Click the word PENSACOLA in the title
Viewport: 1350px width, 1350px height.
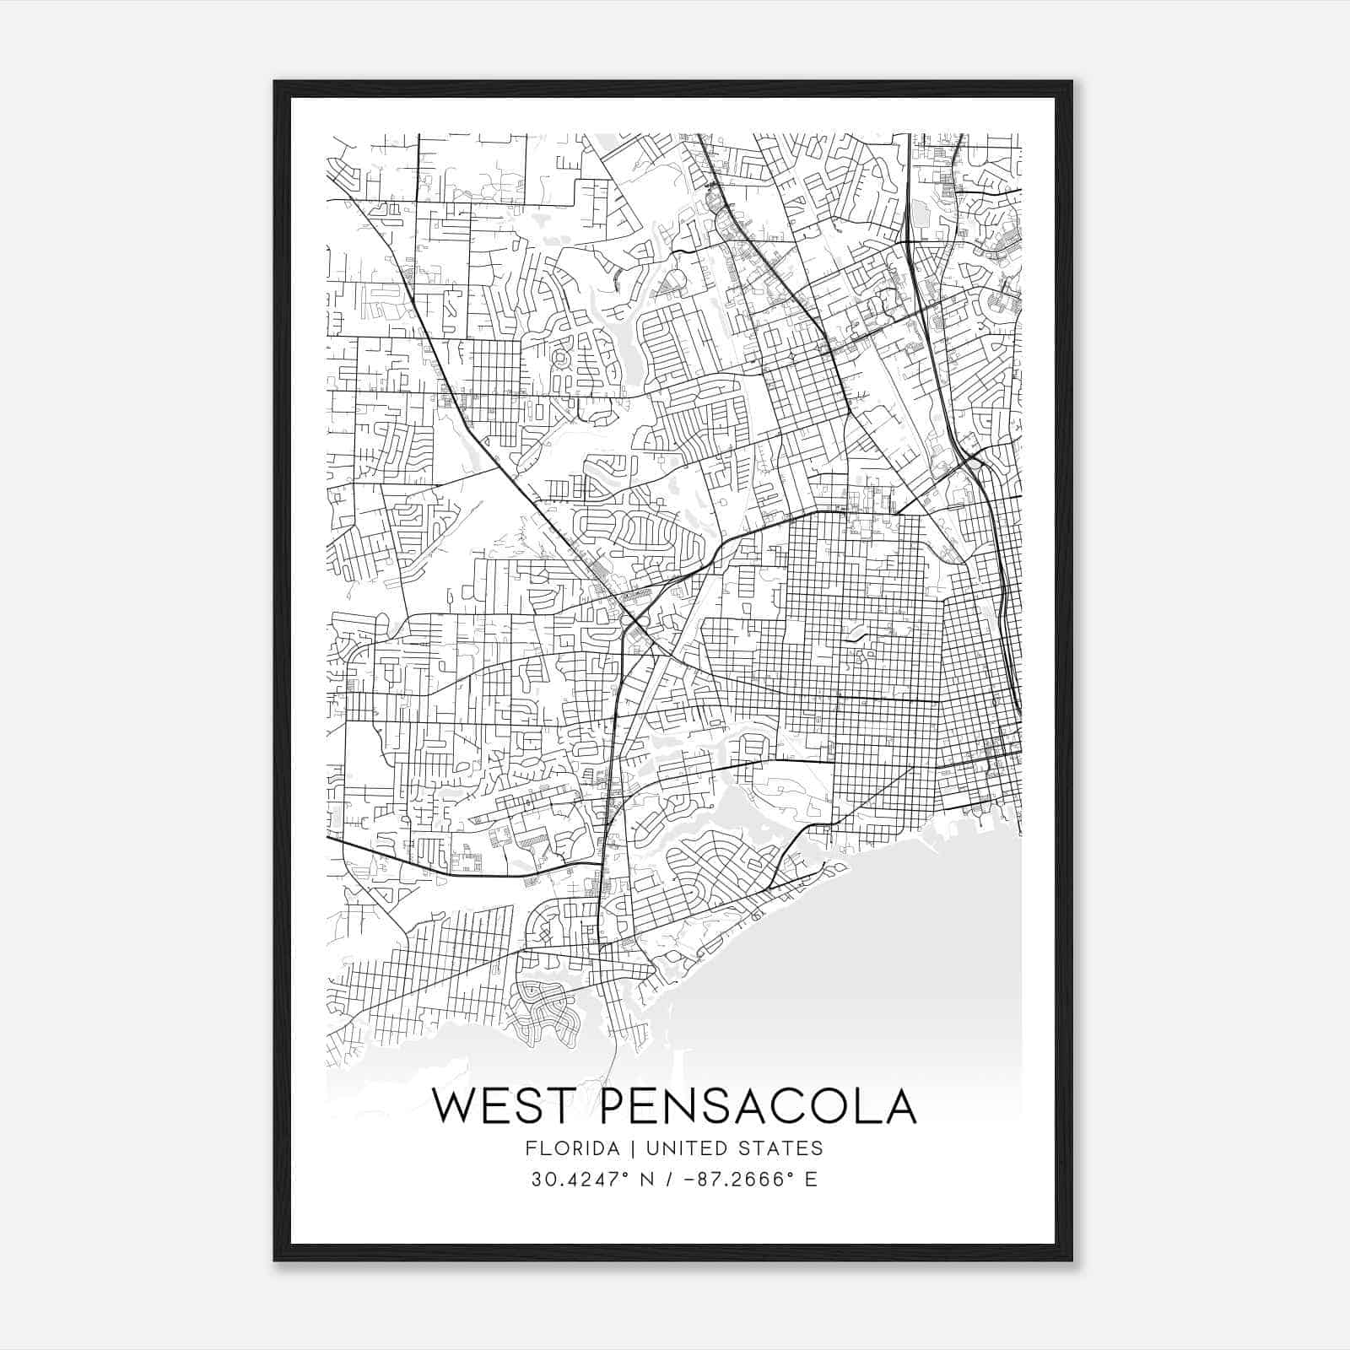758,1106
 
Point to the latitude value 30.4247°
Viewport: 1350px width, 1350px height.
579,1180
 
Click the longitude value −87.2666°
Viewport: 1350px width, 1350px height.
737,1180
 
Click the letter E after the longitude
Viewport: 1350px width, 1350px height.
811,1180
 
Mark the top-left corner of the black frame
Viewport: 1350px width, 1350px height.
275,82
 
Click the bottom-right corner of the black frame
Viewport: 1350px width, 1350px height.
1072,1261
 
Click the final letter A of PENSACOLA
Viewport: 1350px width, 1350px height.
896,1106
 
